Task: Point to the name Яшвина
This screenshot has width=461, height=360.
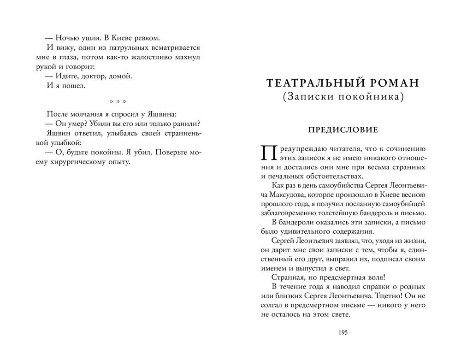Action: (161, 113)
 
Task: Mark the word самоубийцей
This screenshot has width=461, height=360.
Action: (402, 204)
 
